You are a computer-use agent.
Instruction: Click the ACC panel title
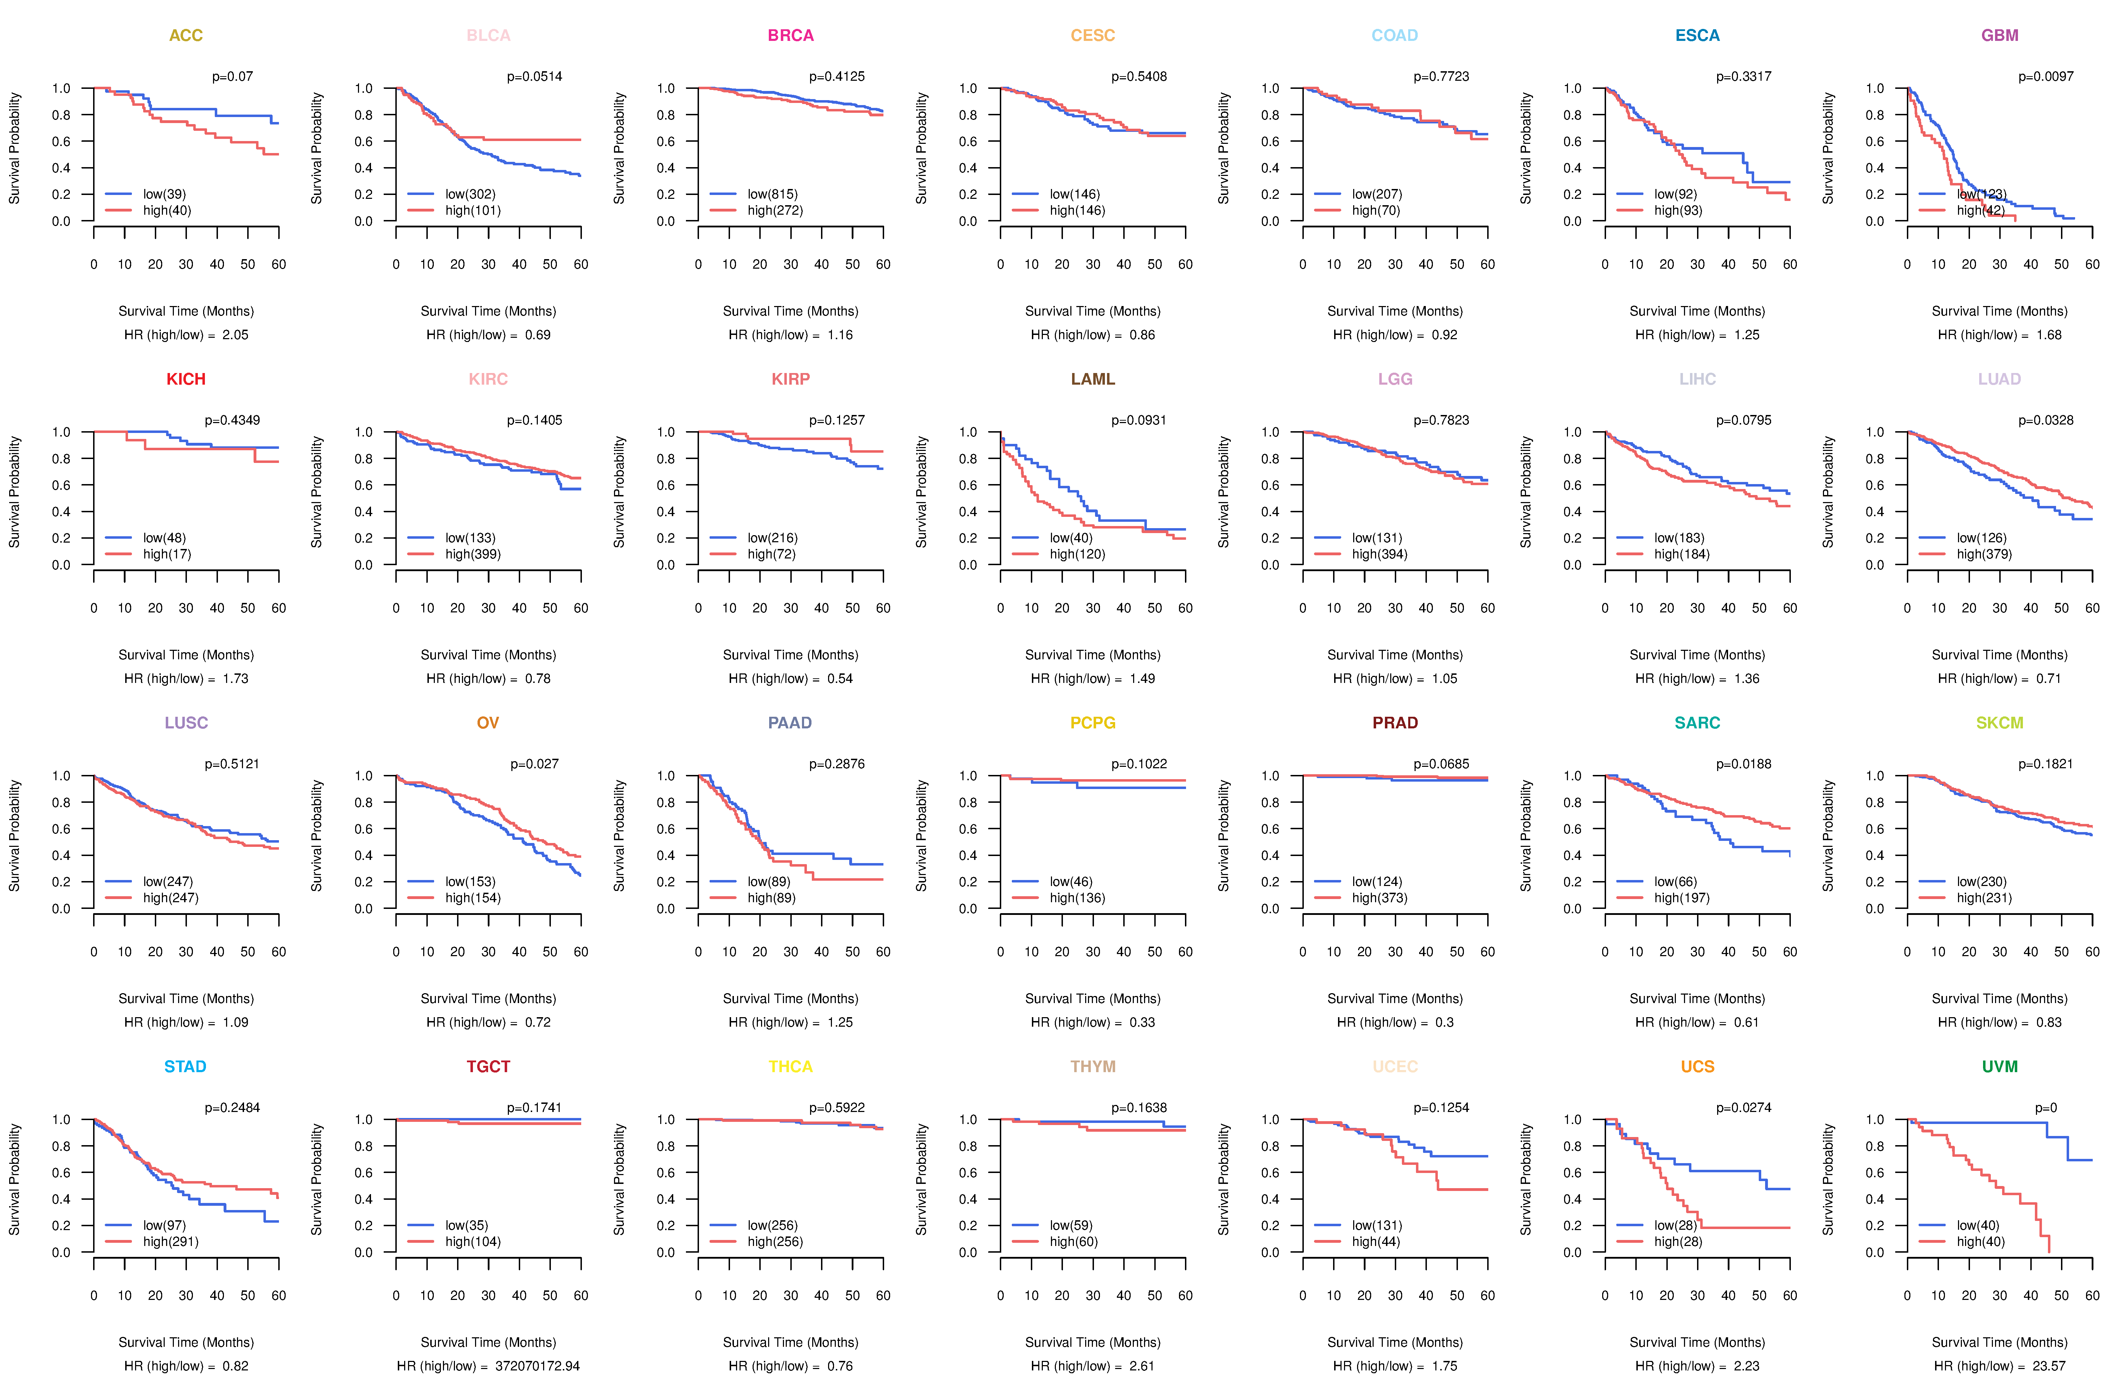pos(186,36)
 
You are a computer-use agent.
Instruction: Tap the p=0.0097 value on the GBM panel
pos(2045,77)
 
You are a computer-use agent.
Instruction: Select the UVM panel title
pos(2000,1067)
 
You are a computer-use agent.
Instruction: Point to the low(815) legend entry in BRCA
pos(772,194)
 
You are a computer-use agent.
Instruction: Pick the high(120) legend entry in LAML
pos(1077,554)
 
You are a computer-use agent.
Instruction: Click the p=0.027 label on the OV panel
pos(534,764)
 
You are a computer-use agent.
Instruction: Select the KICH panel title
pos(186,379)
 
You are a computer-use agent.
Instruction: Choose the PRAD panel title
pos(1395,723)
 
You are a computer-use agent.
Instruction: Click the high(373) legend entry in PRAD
pos(1379,898)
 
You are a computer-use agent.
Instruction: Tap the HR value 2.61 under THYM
pos(1142,1366)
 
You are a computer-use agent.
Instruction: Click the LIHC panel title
pos(1697,379)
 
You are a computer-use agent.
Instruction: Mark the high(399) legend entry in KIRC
pos(472,554)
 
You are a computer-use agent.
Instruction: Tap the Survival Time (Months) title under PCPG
pos(1093,998)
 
